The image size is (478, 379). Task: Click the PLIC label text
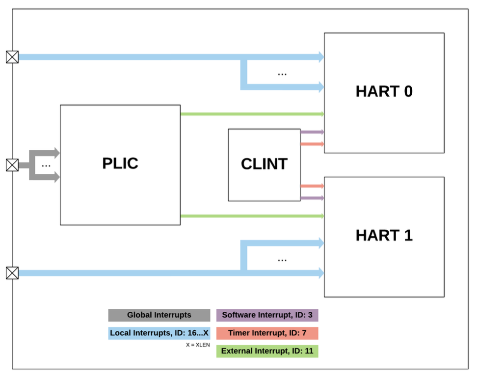coord(120,163)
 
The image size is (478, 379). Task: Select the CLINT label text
coord(264,164)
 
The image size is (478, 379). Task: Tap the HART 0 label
coord(384,91)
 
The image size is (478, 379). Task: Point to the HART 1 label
coord(384,236)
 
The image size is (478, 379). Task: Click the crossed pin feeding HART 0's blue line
coord(12,57)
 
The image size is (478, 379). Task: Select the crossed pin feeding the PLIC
coord(12,165)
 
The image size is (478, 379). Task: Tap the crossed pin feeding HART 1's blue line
coord(12,273)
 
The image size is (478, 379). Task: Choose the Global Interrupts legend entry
coord(159,315)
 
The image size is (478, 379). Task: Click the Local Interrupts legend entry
coord(159,333)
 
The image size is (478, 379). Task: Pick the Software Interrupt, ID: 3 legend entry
coord(267,315)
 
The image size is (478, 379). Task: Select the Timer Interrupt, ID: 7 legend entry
coord(267,333)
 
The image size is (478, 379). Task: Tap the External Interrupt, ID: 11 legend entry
coord(267,351)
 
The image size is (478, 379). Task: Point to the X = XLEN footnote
coord(197,345)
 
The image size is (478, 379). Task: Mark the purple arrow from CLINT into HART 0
coord(312,132)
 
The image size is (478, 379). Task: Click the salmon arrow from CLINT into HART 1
coord(312,186)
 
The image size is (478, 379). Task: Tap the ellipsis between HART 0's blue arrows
coord(282,74)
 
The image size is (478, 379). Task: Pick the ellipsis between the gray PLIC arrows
coord(46,165)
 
